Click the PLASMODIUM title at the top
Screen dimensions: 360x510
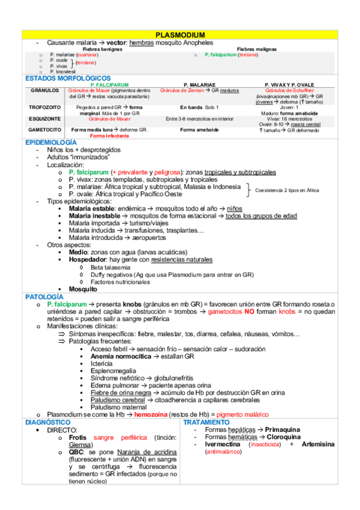click(180, 36)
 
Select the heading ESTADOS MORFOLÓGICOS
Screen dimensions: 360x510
click(67, 78)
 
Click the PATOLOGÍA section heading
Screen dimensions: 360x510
click(43, 297)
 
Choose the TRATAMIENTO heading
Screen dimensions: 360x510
click(206, 423)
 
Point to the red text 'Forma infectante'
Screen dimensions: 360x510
click(109, 136)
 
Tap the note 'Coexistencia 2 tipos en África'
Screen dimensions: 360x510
click(287, 190)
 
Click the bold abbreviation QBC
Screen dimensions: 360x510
click(76, 452)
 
